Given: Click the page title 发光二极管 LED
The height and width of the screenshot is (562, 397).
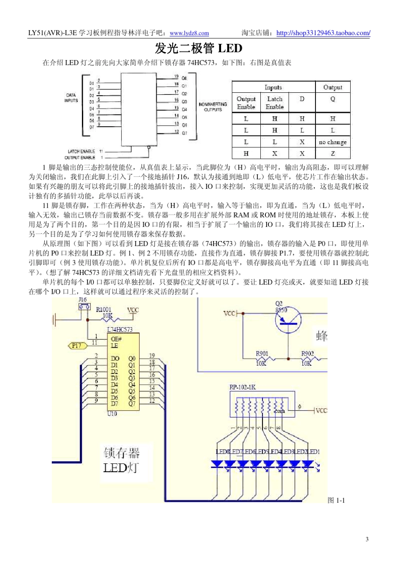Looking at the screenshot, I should coord(198,49).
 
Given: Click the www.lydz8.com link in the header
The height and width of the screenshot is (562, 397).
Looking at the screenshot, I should coord(189,33).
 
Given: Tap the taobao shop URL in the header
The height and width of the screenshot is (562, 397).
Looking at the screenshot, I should coord(323,33).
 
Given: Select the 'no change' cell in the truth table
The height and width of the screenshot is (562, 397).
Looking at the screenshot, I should coord(333,142).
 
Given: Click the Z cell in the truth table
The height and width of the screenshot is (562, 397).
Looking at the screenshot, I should coord(333,153).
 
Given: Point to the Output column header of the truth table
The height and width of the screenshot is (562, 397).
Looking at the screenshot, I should coord(333,87).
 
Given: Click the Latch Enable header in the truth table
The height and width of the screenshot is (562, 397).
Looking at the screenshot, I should coord(275,103).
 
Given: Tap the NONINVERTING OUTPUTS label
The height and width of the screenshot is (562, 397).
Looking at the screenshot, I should coord(213,107).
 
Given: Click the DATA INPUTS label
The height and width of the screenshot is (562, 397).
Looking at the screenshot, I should coord(71,98).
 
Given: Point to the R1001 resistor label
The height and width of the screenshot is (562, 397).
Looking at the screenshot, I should coord(104,310).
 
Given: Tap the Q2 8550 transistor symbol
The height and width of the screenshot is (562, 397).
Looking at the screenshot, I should coord(288,321).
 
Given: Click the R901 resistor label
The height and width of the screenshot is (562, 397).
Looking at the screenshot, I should coord(262,353).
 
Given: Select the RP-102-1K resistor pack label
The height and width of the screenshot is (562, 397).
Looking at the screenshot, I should coord(242,387).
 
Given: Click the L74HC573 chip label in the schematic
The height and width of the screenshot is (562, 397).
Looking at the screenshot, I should coord(120,329).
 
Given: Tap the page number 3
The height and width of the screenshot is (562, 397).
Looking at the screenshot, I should coord(367,539).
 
